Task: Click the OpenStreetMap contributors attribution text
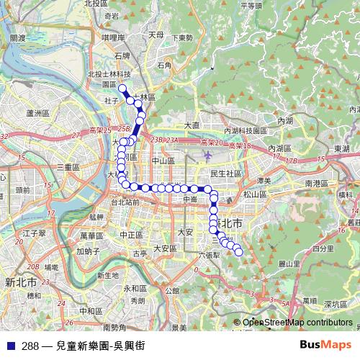point(297,323)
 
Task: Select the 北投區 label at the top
point(96,4)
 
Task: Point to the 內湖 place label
point(285,120)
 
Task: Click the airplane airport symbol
point(208,155)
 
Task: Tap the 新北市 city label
point(19,281)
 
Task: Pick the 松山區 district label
point(255,194)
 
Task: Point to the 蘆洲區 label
point(35,113)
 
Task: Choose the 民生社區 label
point(225,174)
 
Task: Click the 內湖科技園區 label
point(246,131)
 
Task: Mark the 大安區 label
point(164,248)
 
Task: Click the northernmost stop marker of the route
point(122,89)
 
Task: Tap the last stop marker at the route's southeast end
point(238,251)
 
